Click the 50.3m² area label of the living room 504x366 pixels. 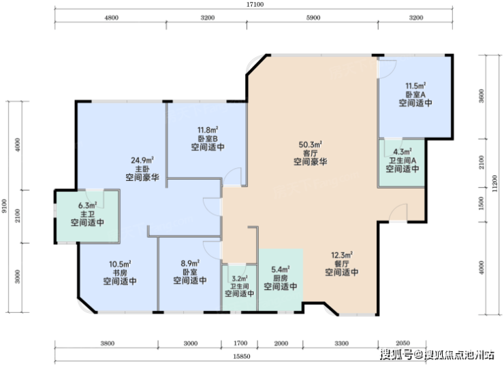(310, 144)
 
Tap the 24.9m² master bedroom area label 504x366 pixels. (142, 160)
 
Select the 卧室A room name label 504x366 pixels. (415, 95)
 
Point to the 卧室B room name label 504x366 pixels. (208, 139)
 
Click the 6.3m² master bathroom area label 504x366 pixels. (87, 205)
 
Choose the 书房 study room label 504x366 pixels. (120, 273)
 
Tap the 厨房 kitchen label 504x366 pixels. (281, 278)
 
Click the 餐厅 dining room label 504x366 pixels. (342, 264)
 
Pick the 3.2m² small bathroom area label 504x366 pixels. (240, 278)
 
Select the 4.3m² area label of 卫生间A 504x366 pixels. (403, 152)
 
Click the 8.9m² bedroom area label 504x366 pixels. (190, 263)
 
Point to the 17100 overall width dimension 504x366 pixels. (255, 5)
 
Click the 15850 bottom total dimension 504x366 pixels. (242, 356)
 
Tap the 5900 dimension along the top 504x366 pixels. (313, 18)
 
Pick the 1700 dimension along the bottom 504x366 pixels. (240, 344)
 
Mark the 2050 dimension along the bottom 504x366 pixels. (402, 343)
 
